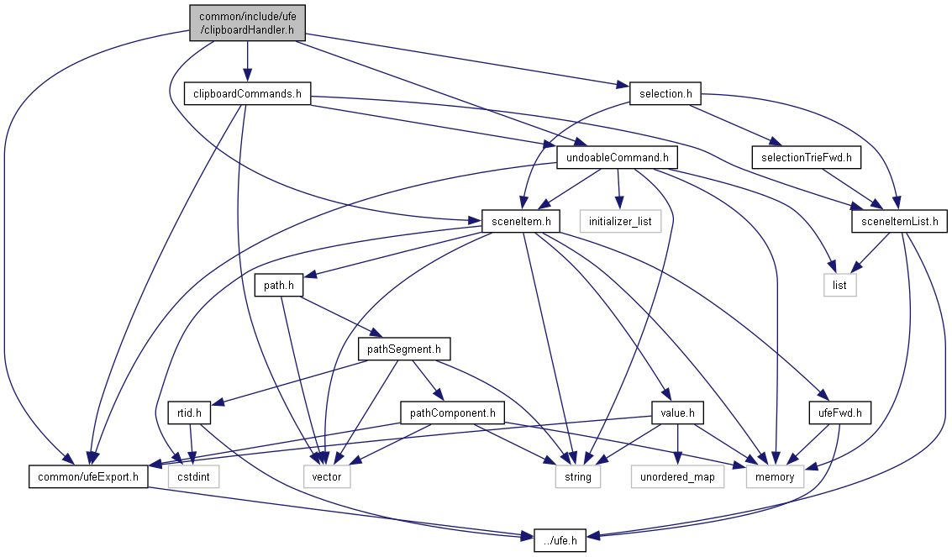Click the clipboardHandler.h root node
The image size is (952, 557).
246,23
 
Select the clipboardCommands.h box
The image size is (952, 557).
247,93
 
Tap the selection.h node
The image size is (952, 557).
665,93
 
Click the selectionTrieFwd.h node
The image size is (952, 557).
806,157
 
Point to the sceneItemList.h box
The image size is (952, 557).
900,222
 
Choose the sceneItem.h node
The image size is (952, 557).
521,222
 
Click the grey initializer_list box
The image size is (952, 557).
620,222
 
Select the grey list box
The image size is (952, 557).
839,286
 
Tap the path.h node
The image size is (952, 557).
279,286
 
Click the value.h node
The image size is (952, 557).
677,413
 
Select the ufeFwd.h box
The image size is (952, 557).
840,413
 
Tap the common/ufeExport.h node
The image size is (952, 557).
89,477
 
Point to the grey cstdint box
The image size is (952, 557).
193,477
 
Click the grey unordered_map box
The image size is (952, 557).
677,477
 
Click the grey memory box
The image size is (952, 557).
775,477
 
